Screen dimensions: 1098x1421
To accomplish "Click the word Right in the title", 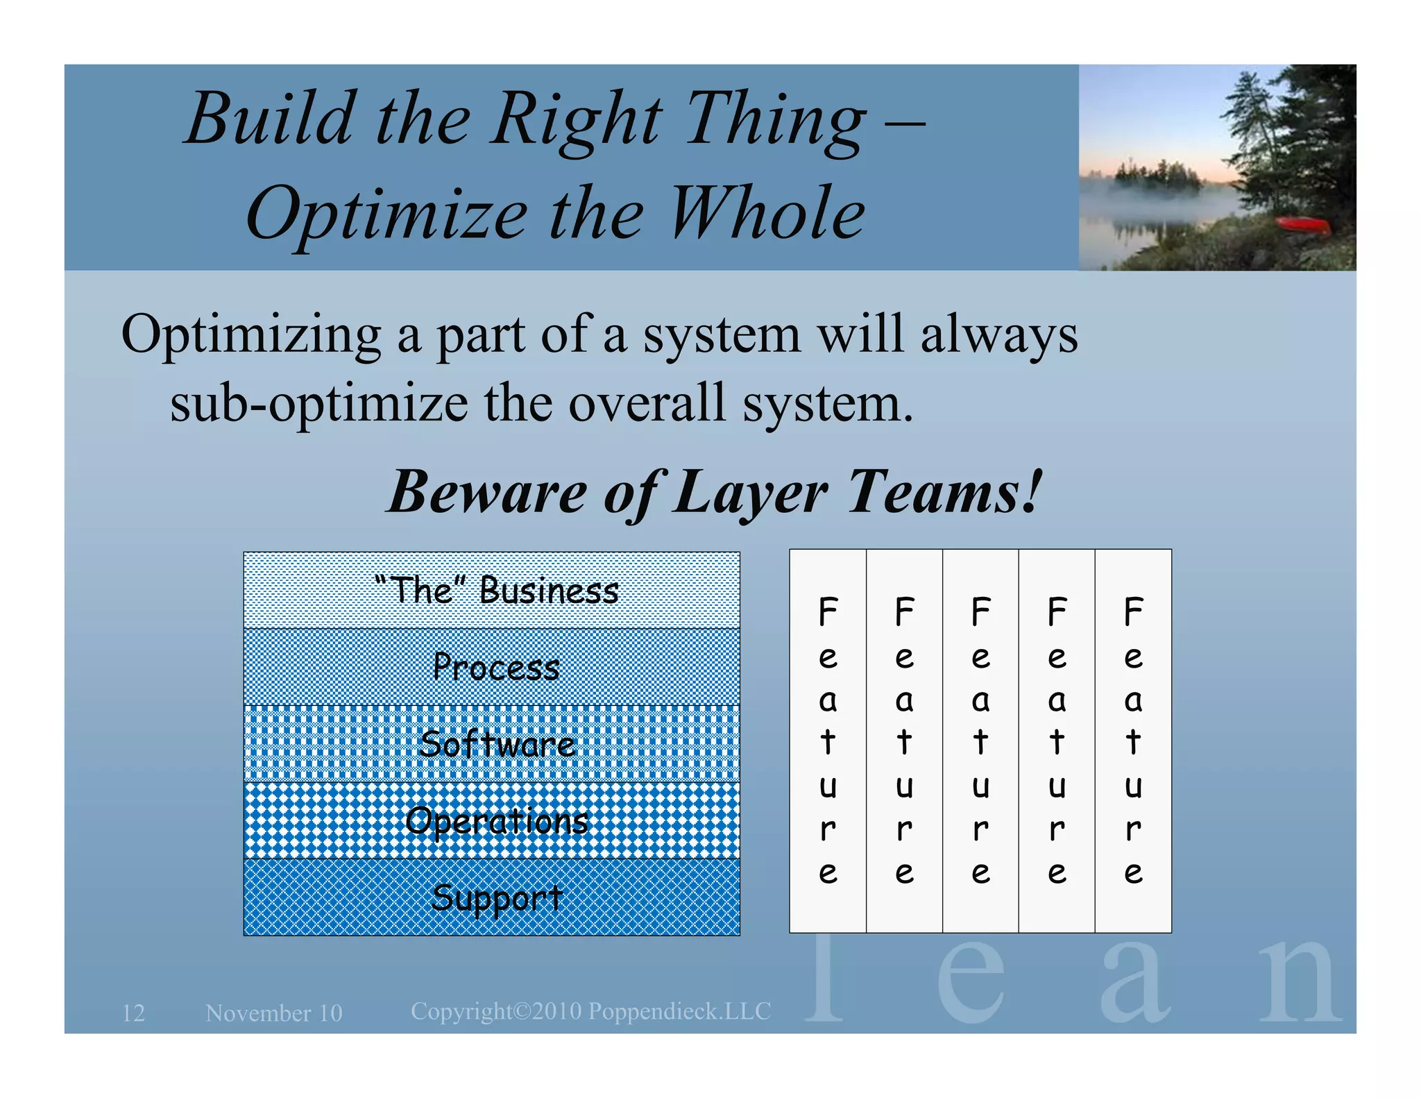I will pyautogui.click(x=576, y=119).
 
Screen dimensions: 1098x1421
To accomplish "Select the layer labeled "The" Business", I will pyautogui.click(x=495, y=591).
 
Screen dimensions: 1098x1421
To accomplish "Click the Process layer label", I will pyautogui.click(x=495, y=668).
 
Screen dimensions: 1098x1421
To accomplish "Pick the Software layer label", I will pyautogui.click(x=497, y=745).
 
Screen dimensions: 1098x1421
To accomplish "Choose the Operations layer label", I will pyautogui.click(x=497, y=821).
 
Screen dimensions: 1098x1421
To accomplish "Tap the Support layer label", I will pyautogui.click(x=495, y=897).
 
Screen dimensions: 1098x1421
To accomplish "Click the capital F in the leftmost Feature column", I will pyautogui.click(x=828, y=612).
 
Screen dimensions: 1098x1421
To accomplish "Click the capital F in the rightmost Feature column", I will pyautogui.click(x=1133, y=612).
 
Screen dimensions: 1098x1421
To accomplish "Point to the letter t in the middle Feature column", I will pyautogui.click(x=980, y=742).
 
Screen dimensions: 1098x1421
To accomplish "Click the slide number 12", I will pyautogui.click(x=133, y=1013).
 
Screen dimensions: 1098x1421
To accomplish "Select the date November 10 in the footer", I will pyautogui.click(x=274, y=1013).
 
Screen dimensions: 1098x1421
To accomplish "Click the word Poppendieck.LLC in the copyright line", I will pyautogui.click(x=679, y=1011).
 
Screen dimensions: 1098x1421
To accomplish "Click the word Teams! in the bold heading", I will pyautogui.click(x=944, y=491).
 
